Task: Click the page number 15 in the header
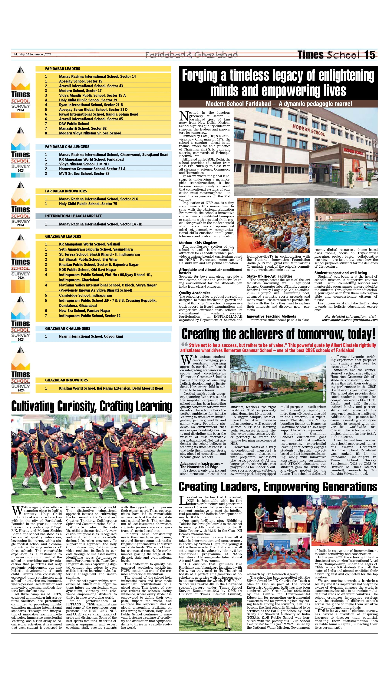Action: click(x=370, y=55)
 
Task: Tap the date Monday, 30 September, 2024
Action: click(x=33, y=54)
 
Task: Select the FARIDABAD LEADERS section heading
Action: click(x=63, y=69)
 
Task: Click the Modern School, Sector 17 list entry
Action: click(x=80, y=91)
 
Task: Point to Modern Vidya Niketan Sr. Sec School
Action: click(x=90, y=133)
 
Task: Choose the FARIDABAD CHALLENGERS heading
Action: click(x=67, y=147)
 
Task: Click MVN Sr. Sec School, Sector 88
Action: click(x=84, y=174)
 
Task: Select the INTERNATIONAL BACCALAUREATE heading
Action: click(x=73, y=216)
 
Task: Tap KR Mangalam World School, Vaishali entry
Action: click(x=90, y=244)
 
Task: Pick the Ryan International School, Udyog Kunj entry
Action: click(x=91, y=337)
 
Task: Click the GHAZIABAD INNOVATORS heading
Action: click(x=66, y=380)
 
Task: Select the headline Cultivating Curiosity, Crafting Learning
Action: click(x=91, y=407)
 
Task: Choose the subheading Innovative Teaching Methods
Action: click(x=271, y=316)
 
